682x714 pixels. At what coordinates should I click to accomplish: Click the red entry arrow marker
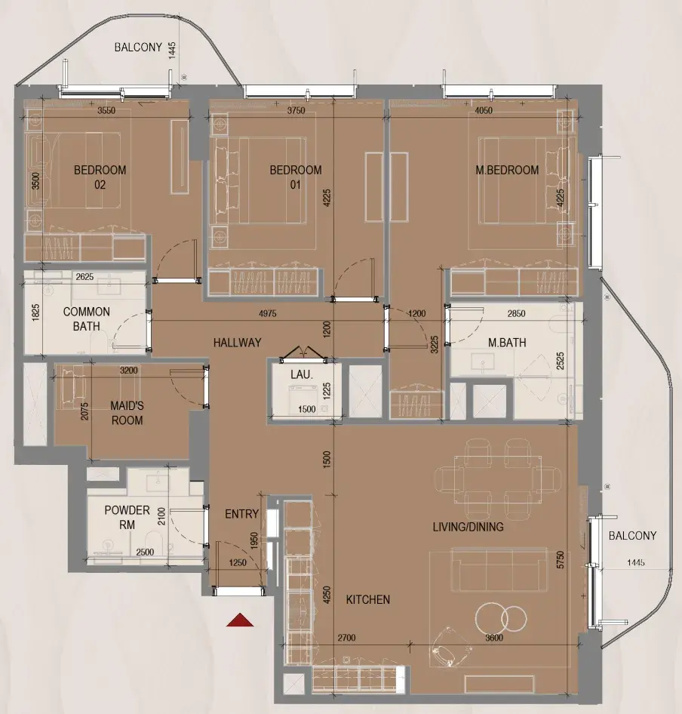coord(240,620)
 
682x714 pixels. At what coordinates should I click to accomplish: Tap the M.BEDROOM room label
coord(507,171)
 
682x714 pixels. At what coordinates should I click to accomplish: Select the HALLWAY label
coord(237,343)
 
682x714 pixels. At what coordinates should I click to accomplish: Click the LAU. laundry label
coord(301,375)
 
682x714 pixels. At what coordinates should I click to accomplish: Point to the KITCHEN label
coord(368,600)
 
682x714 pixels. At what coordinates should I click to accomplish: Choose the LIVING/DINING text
coord(468,527)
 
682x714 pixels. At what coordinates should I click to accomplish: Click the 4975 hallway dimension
coord(267,313)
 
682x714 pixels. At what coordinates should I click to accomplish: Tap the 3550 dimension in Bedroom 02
coord(106,110)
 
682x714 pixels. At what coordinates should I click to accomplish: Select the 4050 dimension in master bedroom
coord(484,110)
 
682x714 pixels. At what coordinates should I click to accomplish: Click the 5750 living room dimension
coord(561,559)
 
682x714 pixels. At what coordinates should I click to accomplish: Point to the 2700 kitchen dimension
coord(346,638)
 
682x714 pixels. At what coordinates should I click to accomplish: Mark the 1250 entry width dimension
coord(238,563)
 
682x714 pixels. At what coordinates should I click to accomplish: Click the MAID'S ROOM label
coord(127,413)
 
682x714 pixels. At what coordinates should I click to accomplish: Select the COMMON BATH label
coord(87,319)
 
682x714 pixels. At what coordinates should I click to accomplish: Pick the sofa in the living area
coord(499,570)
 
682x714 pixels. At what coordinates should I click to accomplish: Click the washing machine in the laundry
coord(302,399)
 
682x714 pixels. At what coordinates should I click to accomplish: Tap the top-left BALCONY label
coord(138,48)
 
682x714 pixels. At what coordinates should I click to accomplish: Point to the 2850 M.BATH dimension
coord(516,313)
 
